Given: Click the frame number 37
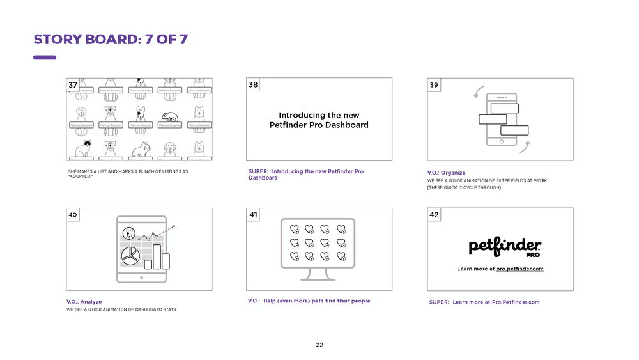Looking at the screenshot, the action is click(73, 85).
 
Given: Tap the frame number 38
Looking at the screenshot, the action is click(254, 85).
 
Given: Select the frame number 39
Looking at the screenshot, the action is click(434, 85).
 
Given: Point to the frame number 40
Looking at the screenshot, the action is click(73, 215).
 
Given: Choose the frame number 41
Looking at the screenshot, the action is click(254, 215).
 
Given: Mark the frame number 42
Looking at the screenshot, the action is click(434, 215).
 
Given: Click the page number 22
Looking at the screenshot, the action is click(319, 345).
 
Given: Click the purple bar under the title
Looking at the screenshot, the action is click(45, 58).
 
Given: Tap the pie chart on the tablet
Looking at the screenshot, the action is click(130, 256).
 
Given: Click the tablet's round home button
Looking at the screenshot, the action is click(141, 278).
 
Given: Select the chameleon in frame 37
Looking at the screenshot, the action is click(171, 116).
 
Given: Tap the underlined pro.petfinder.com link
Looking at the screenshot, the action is click(520, 269).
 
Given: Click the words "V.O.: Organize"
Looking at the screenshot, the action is click(446, 173).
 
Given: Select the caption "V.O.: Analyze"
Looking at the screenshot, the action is click(84, 302).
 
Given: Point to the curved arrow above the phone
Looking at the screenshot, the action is click(477, 91).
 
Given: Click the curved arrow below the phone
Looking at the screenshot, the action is click(524, 148).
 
